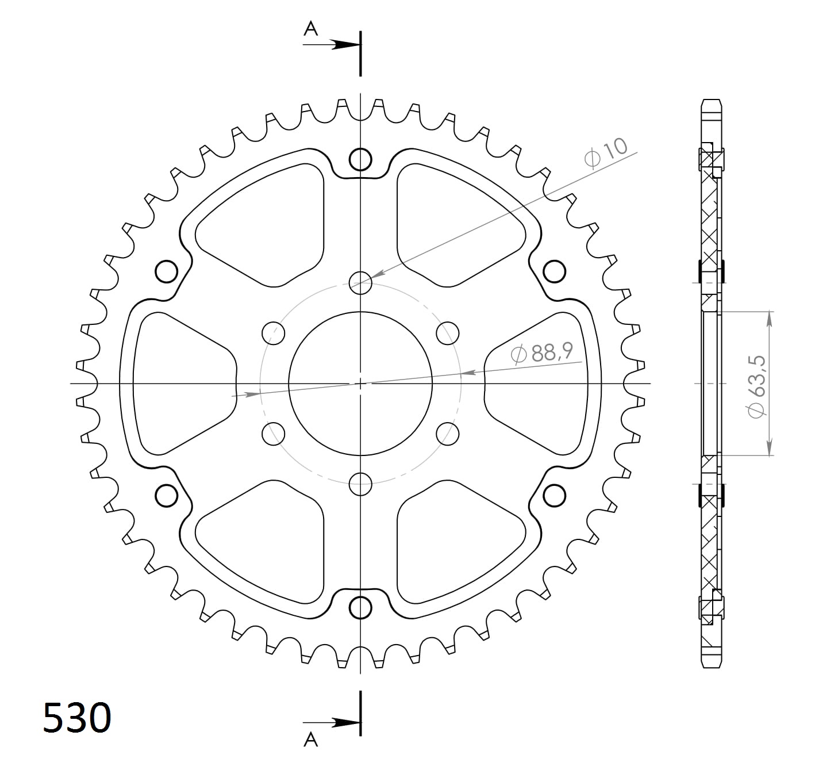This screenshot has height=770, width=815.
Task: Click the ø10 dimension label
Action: (606, 153)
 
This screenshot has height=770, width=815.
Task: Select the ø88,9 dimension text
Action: (541, 353)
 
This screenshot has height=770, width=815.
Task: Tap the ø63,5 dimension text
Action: (756, 387)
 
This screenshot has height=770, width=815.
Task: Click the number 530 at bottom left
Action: (77, 718)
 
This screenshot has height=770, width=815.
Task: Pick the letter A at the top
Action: (310, 29)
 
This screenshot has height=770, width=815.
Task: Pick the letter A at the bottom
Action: (310, 739)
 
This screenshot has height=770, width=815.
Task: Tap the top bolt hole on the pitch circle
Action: (360, 282)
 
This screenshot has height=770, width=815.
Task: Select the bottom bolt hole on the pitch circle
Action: (360, 484)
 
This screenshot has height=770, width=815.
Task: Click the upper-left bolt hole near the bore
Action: (274, 333)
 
